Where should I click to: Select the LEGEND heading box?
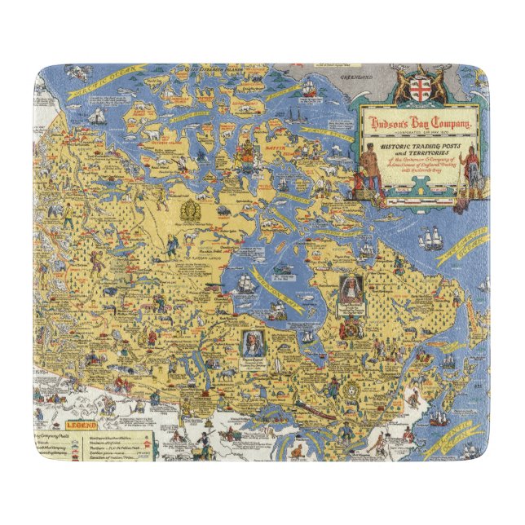83,425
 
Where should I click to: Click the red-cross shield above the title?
421,84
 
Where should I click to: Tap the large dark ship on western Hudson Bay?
247,284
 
